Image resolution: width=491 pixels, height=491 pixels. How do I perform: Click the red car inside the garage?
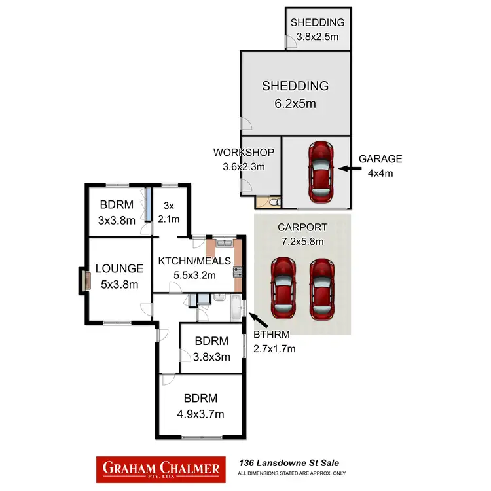(321, 172)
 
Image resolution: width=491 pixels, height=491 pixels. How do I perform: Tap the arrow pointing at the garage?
(350, 168)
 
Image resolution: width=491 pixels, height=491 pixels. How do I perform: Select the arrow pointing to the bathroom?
(258, 320)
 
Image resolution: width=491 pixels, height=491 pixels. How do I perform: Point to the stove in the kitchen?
(238, 272)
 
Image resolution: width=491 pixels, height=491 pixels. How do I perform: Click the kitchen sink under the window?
(225, 243)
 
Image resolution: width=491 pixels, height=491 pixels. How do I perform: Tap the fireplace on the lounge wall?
(86, 281)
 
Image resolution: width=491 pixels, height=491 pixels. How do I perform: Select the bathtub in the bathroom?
(236, 308)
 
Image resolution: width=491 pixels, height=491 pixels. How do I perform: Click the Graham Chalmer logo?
(160, 469)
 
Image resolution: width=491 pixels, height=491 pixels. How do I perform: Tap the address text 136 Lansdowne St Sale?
(289, 463)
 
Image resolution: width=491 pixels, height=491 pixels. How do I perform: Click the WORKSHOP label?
(244, 152)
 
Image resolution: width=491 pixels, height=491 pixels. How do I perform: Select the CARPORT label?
(302, 227)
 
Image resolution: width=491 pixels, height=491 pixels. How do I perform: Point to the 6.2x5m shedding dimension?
(295, 103)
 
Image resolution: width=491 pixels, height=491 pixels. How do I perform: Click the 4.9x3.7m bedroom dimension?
(200, 414)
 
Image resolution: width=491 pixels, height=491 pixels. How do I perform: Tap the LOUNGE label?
(119, 268)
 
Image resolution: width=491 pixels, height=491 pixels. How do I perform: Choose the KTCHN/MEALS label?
(194, 261)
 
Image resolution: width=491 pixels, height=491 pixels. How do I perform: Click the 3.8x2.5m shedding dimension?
(318, 37)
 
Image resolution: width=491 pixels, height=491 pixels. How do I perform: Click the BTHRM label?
(272, 335)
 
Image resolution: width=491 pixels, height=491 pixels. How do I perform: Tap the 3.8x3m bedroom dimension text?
(211, 357)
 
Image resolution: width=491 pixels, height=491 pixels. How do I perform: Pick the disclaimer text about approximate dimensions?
(291, 473)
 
